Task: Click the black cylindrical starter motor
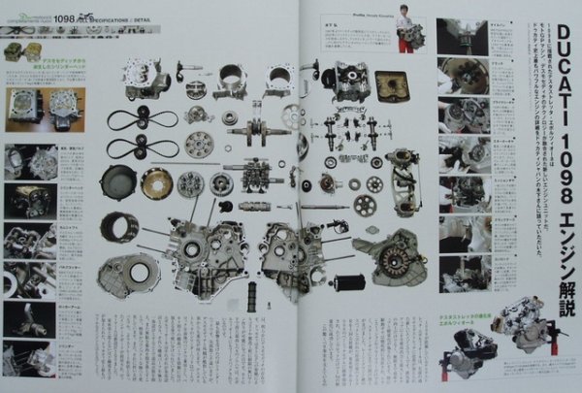click(346, 282)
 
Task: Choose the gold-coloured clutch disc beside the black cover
click(157, 182)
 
